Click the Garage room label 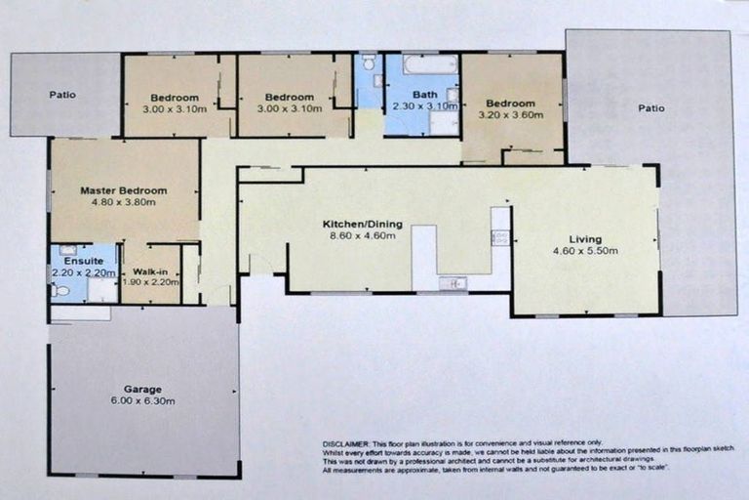(x=142, y=389)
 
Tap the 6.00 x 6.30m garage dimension (x=142, y=401)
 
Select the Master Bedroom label (x=124, y=190)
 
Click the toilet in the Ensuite (x=61, y=290)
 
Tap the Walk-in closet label (x=151, y=271)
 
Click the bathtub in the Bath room (x=430, y=65)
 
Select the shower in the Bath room (x=444, y=123)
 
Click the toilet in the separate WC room (x=369, y=63)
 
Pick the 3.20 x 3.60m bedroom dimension (x=512, y=115)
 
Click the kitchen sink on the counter (x=453, y=283)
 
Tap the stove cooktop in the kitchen (x=500, y=237)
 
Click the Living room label (x=585, y=239)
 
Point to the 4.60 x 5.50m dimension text (x=585, y=252)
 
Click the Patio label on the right (x=651, y=108)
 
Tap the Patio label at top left (x=63, y=96)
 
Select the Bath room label (x=423, y=95)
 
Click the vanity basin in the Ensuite (x=68, y=251)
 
